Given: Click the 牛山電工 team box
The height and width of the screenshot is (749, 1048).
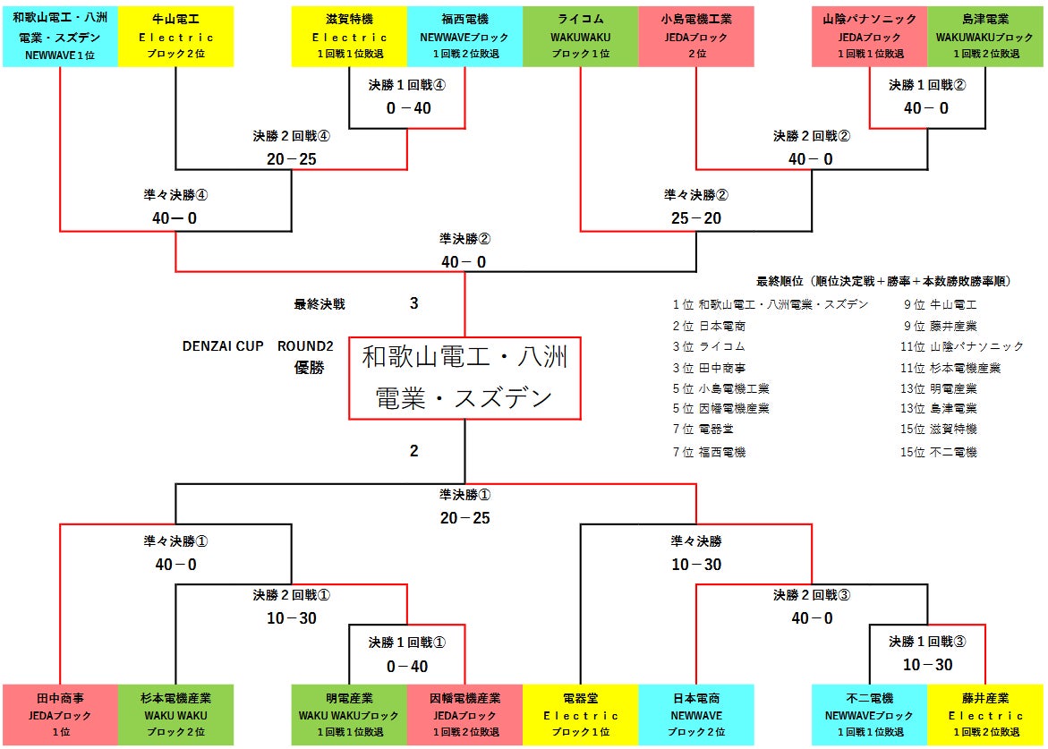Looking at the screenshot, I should [x=175, y=37].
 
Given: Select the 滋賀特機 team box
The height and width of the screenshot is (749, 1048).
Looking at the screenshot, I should [x=350, y=37].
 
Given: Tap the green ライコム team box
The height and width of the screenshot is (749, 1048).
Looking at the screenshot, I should [x=581, y=37].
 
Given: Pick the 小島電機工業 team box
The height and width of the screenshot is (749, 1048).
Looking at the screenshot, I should [x=696, y=37].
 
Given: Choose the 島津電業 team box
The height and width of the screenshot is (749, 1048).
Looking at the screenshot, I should [x=985, y=37].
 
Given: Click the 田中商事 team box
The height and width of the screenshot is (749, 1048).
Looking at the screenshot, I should [x=60, y=715].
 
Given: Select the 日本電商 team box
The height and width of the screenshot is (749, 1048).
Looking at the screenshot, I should [x=696, y=715].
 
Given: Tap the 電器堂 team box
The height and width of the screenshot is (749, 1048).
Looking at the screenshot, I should [x=581, y=715].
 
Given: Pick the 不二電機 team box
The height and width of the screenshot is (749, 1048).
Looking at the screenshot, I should [x=870, y=715].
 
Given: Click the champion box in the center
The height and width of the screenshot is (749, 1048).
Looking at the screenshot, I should [x=465, y=378].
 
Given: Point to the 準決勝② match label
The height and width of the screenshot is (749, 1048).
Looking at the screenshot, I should [x=465, y=239].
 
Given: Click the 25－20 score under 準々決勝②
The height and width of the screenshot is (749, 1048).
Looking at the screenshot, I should [x=696, y=218].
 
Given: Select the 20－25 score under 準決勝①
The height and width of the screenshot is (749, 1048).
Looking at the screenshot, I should [x=465, y=518].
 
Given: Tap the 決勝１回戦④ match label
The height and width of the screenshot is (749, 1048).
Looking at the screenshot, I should [x=406, y=85].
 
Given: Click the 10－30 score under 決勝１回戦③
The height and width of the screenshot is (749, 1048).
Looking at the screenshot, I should [x=927, y=665].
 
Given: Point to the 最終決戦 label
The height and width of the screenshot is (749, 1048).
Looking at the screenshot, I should [x=320, y=304].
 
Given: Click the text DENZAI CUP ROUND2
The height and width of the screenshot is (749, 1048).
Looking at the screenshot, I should [x=258, y=346].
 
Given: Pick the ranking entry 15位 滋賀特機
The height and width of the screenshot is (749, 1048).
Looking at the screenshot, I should [x=939, y=430].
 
